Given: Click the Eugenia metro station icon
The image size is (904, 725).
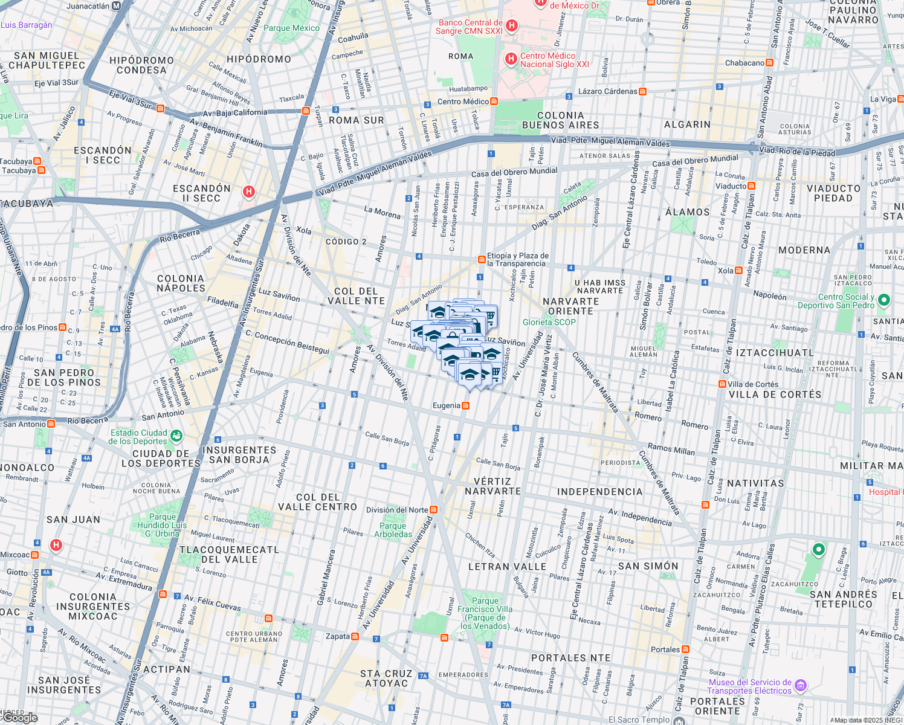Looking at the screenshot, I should (465, 405).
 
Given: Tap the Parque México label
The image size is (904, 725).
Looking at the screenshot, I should (291, 28).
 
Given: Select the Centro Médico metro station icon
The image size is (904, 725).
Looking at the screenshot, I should (494, 101).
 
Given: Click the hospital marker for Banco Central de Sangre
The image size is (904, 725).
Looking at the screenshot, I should (512, 25).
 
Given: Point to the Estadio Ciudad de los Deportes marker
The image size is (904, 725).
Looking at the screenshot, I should (176, 435).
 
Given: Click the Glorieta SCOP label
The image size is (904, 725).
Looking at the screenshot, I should (549, 322).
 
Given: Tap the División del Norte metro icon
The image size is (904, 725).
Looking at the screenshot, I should (433, 510).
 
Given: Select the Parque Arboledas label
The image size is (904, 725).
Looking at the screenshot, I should (393, 530).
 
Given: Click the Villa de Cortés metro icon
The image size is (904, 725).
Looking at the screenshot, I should (722, 384).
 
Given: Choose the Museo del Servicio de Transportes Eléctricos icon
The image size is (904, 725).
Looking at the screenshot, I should (800, 685).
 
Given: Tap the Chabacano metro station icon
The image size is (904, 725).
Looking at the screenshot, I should (769, 63).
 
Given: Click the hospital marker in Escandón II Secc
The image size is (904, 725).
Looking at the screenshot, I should (248, 192).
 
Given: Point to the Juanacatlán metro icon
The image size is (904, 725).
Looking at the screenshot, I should (117, 6).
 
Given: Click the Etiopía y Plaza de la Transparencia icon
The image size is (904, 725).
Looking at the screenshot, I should (481, 260).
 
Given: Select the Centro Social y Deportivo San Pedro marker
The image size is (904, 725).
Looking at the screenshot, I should (883, 300).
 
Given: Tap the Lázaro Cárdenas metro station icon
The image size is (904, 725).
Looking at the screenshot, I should (642, 92).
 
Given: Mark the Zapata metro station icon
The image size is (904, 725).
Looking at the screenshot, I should (355, 636).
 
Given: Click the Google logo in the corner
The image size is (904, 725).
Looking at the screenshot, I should (21, 717).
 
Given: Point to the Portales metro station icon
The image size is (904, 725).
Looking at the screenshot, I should (685, 649).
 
